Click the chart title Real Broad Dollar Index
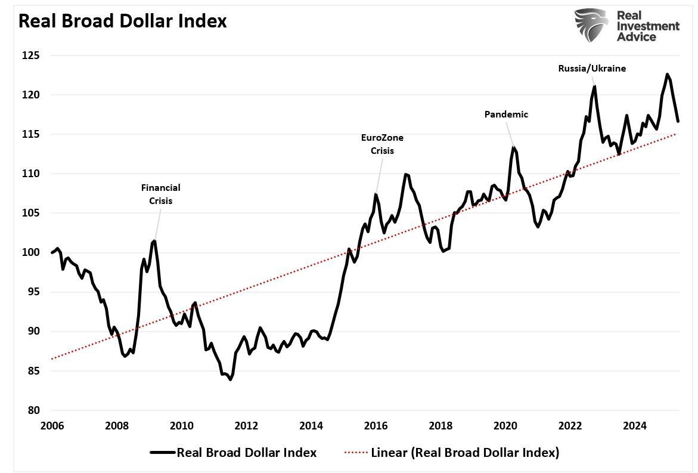[122, 21]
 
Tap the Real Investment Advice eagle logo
[591, 25]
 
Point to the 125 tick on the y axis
[31, 55]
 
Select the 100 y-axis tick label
[31, 252]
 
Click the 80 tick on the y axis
[33, 410]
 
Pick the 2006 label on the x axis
[52, 426]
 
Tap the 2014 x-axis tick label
[311, 426]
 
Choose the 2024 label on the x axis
[635, 426]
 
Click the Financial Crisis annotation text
[160, 194]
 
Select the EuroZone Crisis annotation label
[382, 144]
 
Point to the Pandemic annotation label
[506, 115]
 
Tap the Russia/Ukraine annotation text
[592, 69]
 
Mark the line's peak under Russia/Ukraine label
[594, 87]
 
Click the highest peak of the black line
[667, 75]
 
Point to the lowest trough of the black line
[230, 379]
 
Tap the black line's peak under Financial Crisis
[154, 241]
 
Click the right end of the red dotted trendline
[675, 134]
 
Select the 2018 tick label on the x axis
[440, 426]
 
